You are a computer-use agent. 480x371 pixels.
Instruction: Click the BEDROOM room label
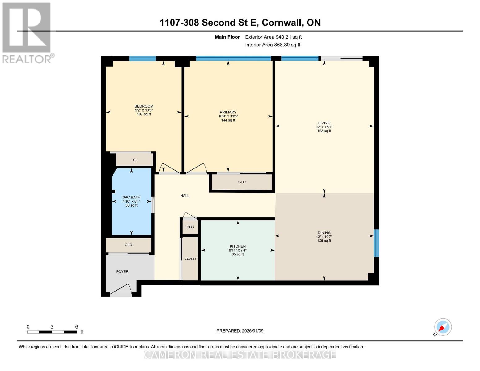[144, 106]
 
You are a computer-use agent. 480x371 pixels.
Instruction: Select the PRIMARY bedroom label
[228, 112]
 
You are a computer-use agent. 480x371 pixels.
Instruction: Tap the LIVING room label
[324, 123]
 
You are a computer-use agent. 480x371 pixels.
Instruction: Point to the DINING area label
[324, 233]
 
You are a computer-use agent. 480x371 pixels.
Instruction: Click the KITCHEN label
[237, 246]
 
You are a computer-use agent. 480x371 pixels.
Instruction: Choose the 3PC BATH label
[131, 197]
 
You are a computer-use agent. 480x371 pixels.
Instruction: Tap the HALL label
[185, 196]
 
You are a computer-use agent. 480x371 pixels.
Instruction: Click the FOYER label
[122, 271]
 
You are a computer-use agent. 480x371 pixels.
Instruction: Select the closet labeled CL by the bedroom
[135, 160]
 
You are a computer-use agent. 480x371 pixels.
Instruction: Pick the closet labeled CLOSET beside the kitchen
[190, 259]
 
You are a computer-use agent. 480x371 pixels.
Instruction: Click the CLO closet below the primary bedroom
[242, 182]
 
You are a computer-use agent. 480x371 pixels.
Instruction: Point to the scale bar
[52, 332]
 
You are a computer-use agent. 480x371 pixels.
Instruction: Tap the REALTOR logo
[27, 32]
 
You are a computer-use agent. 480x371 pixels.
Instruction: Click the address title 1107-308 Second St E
[240, 23]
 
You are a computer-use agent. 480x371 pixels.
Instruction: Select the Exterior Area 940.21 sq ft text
[273, 37]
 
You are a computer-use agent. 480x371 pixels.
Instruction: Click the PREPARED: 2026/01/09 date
[240, 331]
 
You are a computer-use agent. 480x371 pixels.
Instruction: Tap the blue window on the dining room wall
[376, 243]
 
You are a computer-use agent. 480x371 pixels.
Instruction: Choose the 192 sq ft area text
[324, 131]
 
